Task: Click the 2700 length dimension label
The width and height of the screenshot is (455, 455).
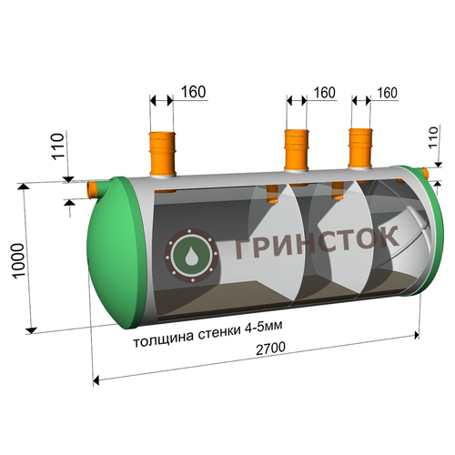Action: coord(270,349)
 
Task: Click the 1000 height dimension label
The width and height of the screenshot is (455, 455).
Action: coord(18,260)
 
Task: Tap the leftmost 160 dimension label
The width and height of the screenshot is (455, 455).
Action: coord(193,92)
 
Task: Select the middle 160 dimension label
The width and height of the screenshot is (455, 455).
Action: coord(324,93)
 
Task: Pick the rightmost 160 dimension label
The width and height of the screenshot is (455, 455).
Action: coord(387,93)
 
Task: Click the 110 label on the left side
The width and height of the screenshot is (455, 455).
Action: coord(58,147)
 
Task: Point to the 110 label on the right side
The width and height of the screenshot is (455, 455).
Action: coord(433,137)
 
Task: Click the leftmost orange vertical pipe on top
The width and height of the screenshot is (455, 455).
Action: coord(162,154)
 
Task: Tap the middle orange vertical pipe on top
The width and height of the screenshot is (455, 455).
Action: coord(297,150)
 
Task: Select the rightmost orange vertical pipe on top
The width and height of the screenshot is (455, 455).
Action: coord(360,148)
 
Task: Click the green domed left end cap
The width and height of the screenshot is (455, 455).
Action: coord(116,253)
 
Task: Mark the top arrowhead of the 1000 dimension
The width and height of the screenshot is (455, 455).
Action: coord(24,186)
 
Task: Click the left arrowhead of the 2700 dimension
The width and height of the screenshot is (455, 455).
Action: coord(96,380)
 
